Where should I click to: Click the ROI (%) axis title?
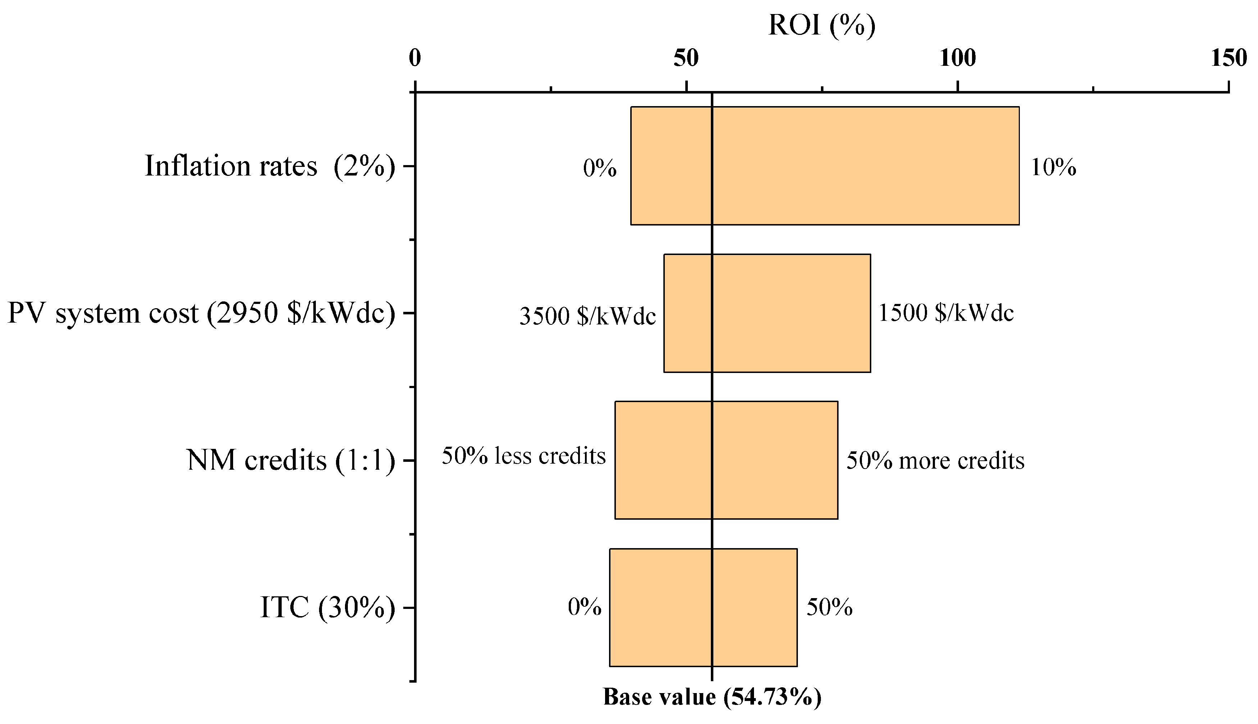coord(821,25)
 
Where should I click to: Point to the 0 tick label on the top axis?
coord(415,58)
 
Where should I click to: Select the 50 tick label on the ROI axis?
coord(686,58)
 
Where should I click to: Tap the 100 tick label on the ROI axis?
coord(957,58)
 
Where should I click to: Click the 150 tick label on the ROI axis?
coord(1229,58)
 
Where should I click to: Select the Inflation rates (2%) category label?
coord(270,166)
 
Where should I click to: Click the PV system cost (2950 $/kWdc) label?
coord(201,313)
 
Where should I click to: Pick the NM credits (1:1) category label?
coord(291,460)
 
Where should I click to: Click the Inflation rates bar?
coord(825,165)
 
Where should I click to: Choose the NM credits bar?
coord(726,460)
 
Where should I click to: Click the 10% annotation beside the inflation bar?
coord(1053,168)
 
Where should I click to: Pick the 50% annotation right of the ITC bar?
coord(829,607)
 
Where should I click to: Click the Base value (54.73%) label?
coord(712,697)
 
